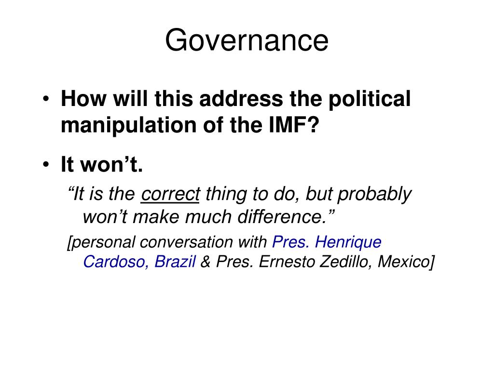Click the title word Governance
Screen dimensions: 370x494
tap(247, 40)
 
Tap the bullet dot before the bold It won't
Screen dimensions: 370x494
tap(45, 166)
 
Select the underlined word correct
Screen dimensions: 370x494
tap(171, 195)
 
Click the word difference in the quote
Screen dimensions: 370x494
tap(289, 217)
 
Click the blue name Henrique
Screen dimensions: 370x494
tap(348, 242)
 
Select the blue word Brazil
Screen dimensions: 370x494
tap(175, 262)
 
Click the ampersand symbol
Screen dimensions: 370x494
tap(206, 262)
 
